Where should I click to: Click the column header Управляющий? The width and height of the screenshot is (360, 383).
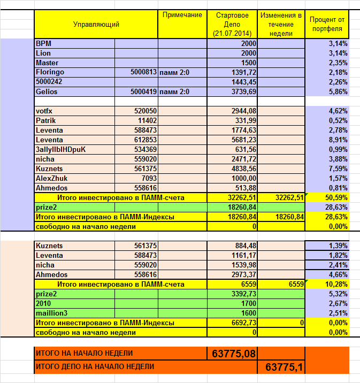point(96,24)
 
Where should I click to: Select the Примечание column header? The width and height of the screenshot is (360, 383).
point(182,15)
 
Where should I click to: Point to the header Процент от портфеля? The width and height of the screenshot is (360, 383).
point(327,24)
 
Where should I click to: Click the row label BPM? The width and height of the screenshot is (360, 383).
point(43,43)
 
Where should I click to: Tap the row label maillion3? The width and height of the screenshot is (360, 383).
point(51,313)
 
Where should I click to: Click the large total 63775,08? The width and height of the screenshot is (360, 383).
point(234,354)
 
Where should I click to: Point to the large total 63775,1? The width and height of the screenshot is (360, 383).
point(284,367)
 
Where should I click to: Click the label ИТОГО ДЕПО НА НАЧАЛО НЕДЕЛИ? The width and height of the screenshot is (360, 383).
point(95,367)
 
